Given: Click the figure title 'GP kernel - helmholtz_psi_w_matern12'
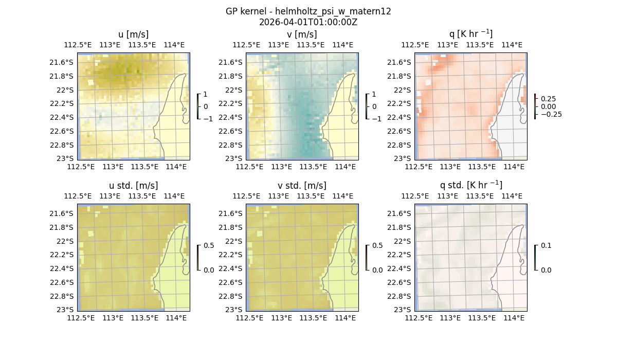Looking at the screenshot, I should pyautogui.click(x=308, y=11).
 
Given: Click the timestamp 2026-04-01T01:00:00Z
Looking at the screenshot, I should pyautogui.click(x=308, y=22).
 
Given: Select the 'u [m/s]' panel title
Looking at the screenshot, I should pyautogui.click(x=133, y=34).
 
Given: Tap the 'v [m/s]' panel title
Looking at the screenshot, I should pyautogui.click(x=302, y=34).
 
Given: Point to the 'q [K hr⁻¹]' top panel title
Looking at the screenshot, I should pyautogui.click(x=470, y=34).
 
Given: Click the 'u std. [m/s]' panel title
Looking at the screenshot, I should pyautogui.click(x=133, y=186).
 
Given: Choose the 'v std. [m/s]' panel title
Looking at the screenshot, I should pyautogui.click(x=302, y=186).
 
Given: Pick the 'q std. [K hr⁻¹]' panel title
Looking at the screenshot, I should pyautogui.click(x=470, y=185).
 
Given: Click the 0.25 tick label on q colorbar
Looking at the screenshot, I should pyautogui.click(x=548, y=99).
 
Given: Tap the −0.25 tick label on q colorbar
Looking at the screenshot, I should pyautogui.click(x=551, y=114).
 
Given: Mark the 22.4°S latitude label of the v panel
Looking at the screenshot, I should pyautogui.click(x=233, y=117).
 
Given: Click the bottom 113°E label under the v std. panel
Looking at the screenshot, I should pyautogui.click(x=281, y=318).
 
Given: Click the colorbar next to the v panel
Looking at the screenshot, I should pyautogui.click(x=367, y=106).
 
